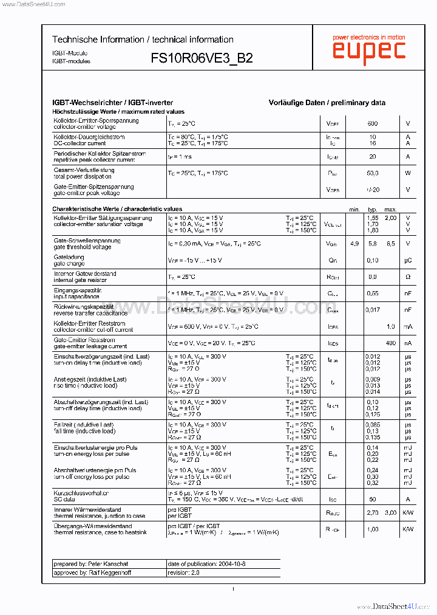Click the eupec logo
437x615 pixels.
368,49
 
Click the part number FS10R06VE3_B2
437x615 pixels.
202,58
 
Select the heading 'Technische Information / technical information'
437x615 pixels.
143,40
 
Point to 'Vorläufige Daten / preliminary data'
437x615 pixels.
327,103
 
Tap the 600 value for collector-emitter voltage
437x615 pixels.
373,123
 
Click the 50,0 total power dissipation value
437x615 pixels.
373,173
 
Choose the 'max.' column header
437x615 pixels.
390,209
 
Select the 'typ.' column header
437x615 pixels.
373,209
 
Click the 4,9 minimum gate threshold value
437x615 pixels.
354,244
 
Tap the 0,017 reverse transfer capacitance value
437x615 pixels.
373,309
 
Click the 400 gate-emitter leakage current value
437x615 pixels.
391,343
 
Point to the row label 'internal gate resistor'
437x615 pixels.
85,280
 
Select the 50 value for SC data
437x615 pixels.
373,499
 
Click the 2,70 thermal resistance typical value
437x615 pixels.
373,513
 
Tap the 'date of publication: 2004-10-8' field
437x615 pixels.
206,564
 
